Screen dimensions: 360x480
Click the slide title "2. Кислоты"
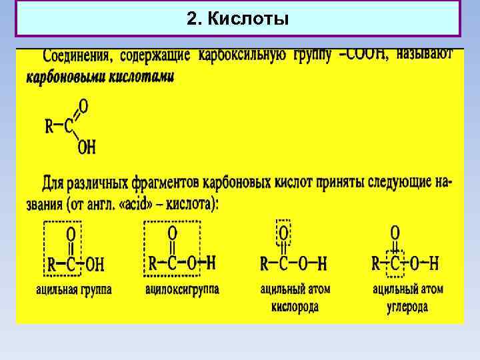pos(238,19)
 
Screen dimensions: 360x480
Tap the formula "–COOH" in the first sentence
pos(363,55)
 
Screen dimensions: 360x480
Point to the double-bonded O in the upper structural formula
pos(83,105)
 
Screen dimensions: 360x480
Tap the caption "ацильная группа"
pos(74,290)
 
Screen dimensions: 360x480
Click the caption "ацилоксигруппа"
pos(182,290)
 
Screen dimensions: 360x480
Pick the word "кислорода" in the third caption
pos(295,307)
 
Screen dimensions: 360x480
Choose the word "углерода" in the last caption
pos(407,307)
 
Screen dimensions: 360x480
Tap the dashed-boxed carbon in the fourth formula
pos(395,264)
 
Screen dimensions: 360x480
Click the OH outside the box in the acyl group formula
pos(95,265)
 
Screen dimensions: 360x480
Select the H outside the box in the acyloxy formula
pos(211,263)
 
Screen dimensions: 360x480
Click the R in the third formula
pos(265,264)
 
